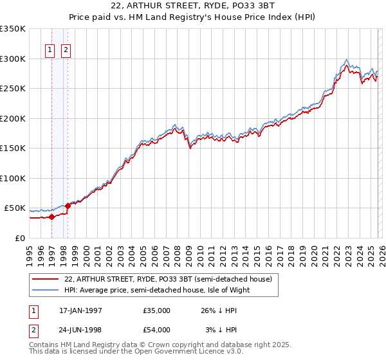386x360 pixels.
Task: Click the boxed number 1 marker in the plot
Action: point(51,50)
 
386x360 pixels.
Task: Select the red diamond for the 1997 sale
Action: point(51,217)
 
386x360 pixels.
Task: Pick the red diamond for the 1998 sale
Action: point(68,206)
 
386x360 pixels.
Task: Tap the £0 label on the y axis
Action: point(19,238)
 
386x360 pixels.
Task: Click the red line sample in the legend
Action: point(46,279)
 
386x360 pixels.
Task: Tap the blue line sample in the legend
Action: point(46,290)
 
